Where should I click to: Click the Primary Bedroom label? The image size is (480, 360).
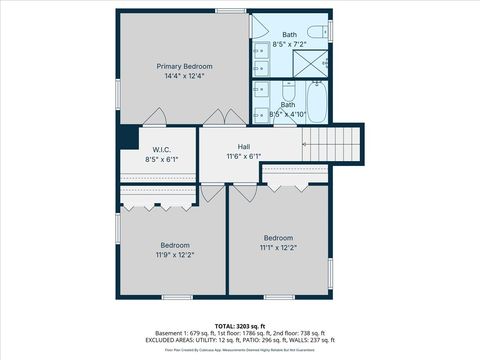click(x=185, y=67)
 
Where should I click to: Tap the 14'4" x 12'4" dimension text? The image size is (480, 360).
click(x=185, y=77)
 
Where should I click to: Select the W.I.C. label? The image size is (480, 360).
click(x=162, y=148)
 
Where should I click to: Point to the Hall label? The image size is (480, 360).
click(x=244, y=147)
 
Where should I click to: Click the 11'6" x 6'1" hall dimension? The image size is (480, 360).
click(x=244, y=157)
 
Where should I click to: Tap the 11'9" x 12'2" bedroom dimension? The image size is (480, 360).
click(x=175, y=255)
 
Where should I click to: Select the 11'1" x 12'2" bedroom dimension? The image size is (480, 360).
click(x=279, y=247)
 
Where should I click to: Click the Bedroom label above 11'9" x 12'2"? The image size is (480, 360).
click(x=175, y=245)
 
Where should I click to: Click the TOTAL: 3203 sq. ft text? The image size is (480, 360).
click(x=240, y=325)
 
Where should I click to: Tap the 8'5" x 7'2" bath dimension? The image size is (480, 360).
click(x=289, y=45)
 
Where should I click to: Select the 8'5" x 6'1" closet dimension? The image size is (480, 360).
click(x=162, y=158)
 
